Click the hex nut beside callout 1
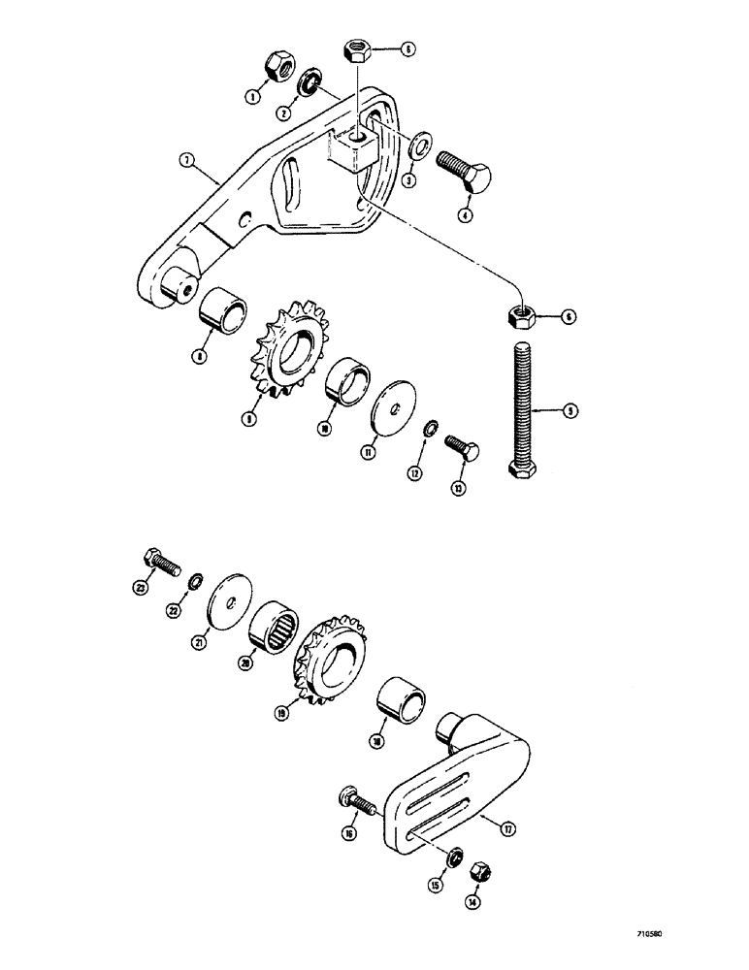click(x=277, y=65)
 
